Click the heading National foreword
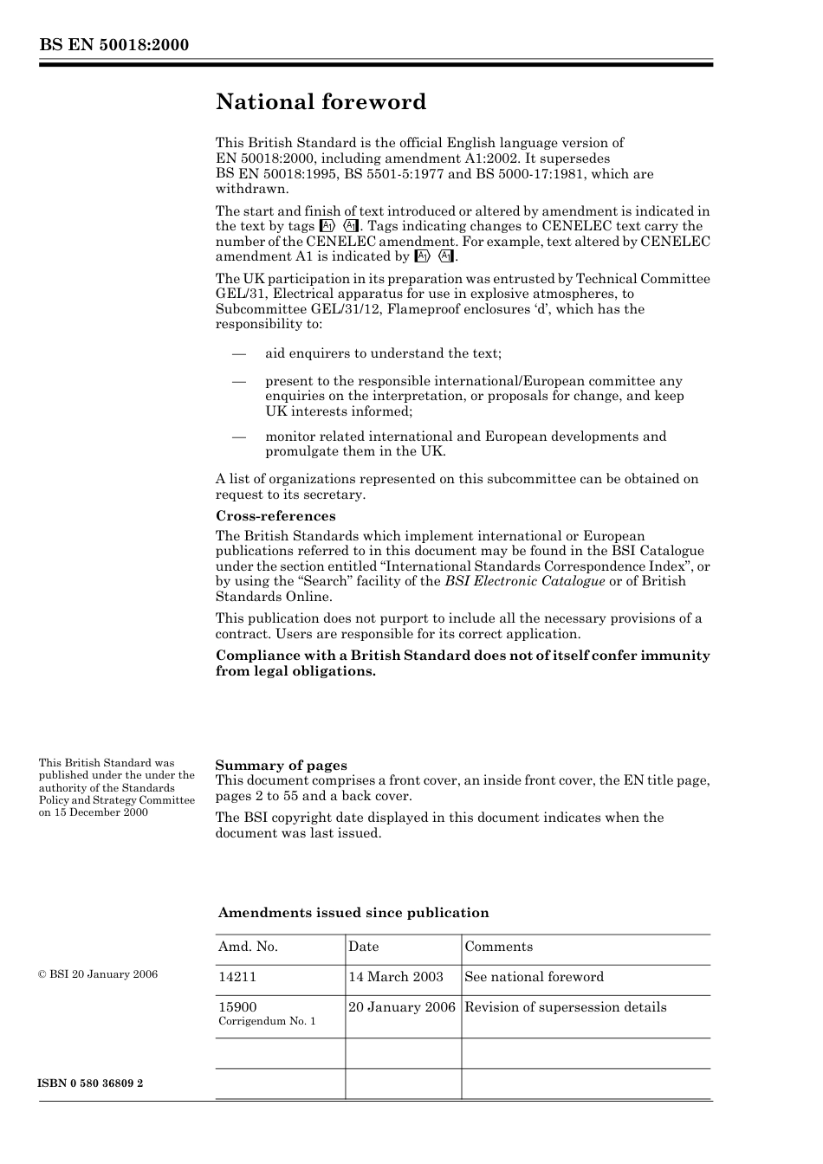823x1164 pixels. pyautogui.click(x=321, y=102)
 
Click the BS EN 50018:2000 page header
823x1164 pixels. pyautogui.click(x=113, y=45)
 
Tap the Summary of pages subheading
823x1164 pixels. pyautogui.click(x=281, y=765)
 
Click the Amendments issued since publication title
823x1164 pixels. pyautogui.click(x=353, y=913)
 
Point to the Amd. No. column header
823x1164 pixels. pyautogui.click(x=248, y=947)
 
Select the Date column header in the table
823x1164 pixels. pyautogui.click(x=364, y=947)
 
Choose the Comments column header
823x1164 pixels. pyautogui.click(x=498, y=947)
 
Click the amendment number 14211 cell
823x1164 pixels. pyautogui.click(x=237, y=977)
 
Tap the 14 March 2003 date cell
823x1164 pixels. pyautogui.click(x=396, y=977)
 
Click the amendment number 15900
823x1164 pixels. pyautogui.click(x=237, y=1006)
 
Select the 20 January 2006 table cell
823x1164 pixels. pyautogui.click(x=402, y=1007)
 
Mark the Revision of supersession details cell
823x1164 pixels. pyautogui.click(x=566, y=1007)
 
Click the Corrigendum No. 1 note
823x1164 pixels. pyautogui.click(x=267, y=1022)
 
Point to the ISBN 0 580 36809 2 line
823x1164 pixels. pyautogui.click(x=91, y=1083)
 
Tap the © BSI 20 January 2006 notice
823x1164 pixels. pyautogui.click(x=98, y=974)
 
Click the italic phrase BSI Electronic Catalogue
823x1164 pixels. pyautogui.click(x=525, y=581)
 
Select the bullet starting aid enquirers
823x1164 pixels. pyautogui.click(x=383, y=353)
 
